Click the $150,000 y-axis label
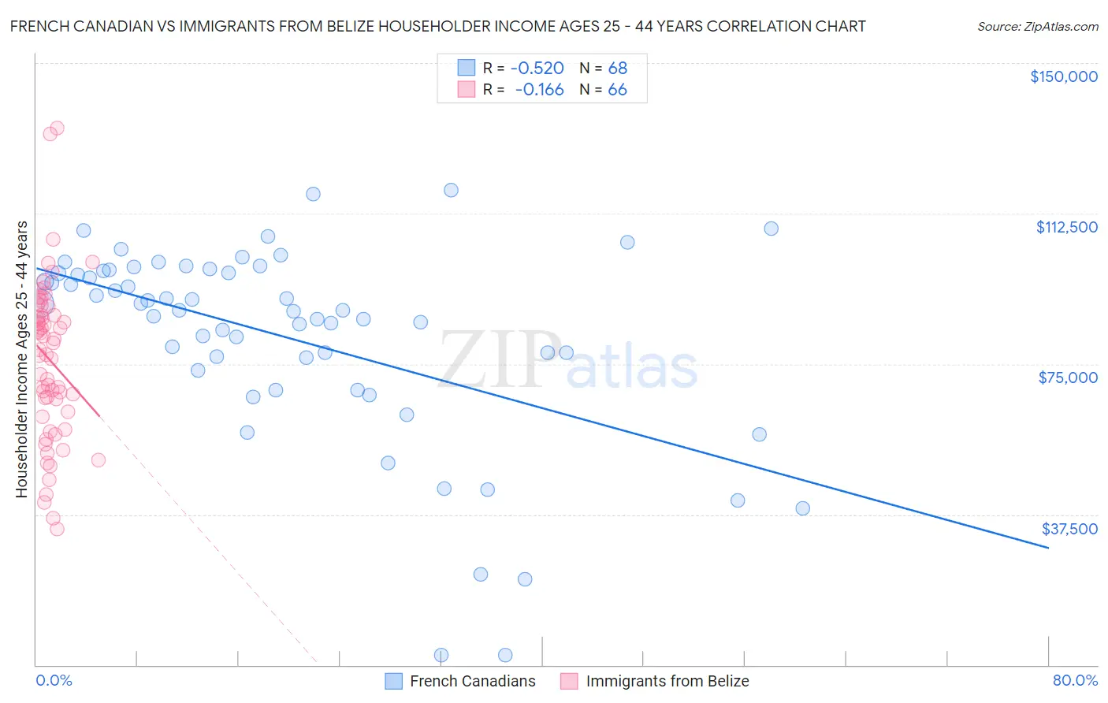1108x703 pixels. pos(1063,76)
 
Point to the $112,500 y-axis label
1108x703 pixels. pos(1066,227)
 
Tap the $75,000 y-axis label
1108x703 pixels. pos(1068,378)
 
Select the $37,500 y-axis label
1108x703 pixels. pos(1069,529)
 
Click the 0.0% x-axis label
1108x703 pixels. pos(54,680)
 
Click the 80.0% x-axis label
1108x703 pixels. pos(1075,680)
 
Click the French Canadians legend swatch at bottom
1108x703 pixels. pos(394,681)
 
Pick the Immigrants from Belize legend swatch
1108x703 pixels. pos(569,681)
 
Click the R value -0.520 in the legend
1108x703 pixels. pos(537,68)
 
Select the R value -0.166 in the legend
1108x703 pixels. pos(539,90)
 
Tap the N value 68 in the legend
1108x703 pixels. pos(617,68)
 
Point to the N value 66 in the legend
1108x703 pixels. pos(617,90)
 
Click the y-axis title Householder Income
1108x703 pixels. pos(22,359)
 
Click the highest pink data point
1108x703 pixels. pos(57,128)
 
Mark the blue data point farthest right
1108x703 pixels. pos(802,508)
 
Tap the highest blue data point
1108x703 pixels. pos(451,190)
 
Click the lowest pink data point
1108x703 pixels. pos(57,529)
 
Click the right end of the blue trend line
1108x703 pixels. pos(1048,547)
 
